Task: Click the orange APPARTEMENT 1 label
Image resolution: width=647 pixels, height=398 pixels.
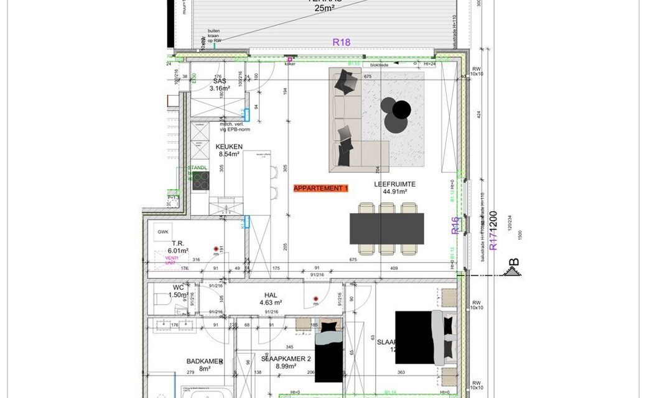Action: [x=321, y=188]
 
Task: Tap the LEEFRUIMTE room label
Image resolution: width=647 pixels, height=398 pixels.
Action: [x=394, y=184]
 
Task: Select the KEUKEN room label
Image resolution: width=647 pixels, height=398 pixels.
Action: [x=230, y=147]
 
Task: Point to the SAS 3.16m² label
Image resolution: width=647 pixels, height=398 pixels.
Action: [x=219, y=85]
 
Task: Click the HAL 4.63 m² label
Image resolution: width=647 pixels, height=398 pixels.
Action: [x=270, y=298]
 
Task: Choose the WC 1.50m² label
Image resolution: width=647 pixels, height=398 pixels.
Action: [x=179, y=291]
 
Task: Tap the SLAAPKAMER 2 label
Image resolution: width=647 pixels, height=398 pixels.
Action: [x=286, y=359]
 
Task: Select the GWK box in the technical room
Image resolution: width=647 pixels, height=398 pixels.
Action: [x=163, y=231]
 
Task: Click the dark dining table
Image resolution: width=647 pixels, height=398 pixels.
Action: [x=386, y=229]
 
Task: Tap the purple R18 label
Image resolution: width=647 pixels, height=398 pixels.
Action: [x=342, y=42]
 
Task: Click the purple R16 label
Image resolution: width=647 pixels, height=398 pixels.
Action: [x=455, y=224]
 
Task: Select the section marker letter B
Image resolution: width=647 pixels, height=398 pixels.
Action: [x=514, y=262]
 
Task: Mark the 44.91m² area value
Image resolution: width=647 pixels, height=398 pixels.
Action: [x=394, y=192]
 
